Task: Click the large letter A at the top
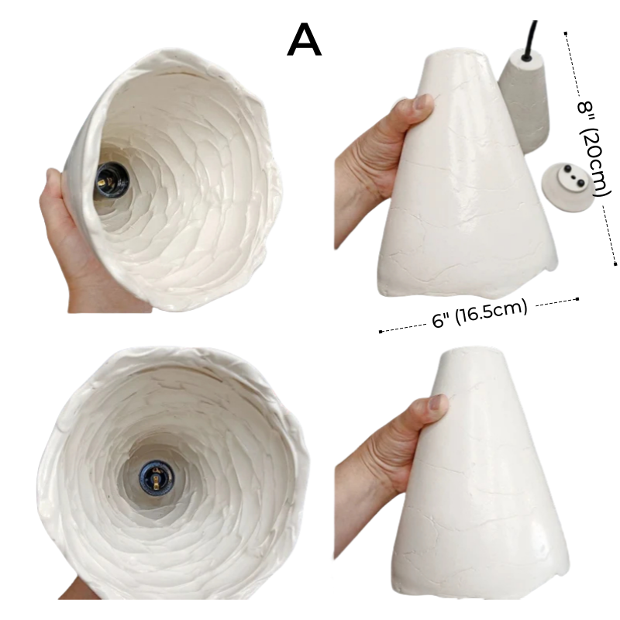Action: [x=304, y=40]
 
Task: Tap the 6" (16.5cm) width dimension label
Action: [x=480, y=313]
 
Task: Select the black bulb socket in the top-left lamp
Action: [x=111, y=182]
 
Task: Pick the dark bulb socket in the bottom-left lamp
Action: [x=157, y=479]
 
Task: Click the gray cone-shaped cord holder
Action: [x=524, y=102]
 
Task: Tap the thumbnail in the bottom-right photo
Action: [x=438, y=403]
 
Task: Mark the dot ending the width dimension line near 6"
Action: [x=381, y=332]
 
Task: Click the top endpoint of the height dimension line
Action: [x=566, y=33]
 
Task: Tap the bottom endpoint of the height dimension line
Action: [x=615, y=263]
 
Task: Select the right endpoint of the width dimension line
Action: [x=577, y=299]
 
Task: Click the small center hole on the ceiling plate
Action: [x=573, y=179]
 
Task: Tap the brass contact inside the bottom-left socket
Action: [x=157, y=480]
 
